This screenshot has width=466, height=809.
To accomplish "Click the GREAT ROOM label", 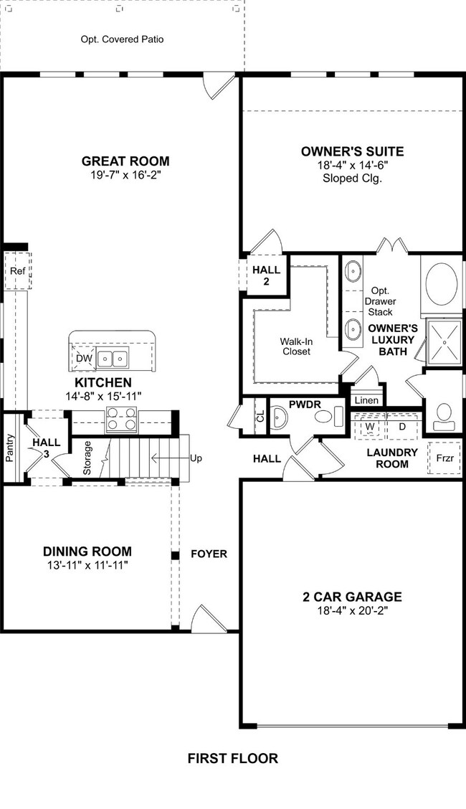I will point(125,161).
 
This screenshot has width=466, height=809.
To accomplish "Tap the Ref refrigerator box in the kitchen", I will point(16,271).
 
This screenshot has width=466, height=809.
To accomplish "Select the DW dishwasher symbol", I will point(84,358).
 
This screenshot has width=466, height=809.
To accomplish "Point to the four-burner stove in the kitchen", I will point(122,420).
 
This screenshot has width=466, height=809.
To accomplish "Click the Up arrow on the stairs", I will point(176,458).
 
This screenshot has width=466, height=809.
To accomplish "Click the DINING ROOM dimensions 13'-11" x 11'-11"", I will point(87,565).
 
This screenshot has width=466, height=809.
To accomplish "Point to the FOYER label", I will point(209,554).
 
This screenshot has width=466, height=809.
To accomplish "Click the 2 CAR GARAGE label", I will point(351,597).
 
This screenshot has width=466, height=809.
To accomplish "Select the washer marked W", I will point(371,426).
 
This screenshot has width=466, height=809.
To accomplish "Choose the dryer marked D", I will point(401,426).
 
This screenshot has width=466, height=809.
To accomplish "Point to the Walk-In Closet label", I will point(295,346).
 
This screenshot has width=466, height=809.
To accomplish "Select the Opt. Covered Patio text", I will point(122,39).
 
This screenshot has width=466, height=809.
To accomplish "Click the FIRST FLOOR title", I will point(232,758).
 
